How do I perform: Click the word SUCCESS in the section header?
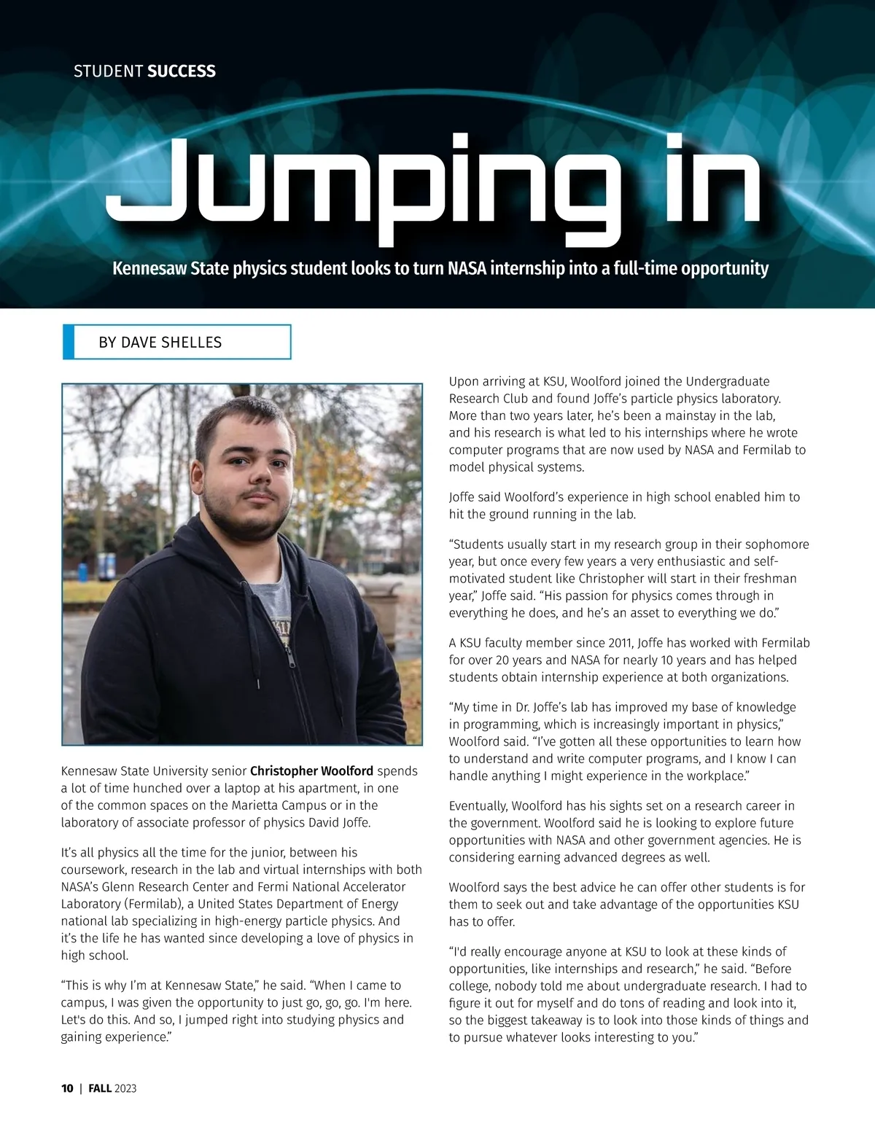182,71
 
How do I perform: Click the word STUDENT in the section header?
108,71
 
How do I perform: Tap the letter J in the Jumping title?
149,182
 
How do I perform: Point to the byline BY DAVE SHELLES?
160,343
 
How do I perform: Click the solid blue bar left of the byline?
69,342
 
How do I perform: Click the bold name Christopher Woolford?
311,771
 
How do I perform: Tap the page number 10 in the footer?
67,1088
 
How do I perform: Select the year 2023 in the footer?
125,1088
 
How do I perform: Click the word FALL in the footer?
100,1088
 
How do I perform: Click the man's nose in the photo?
255,479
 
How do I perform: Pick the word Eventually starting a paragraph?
478,806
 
